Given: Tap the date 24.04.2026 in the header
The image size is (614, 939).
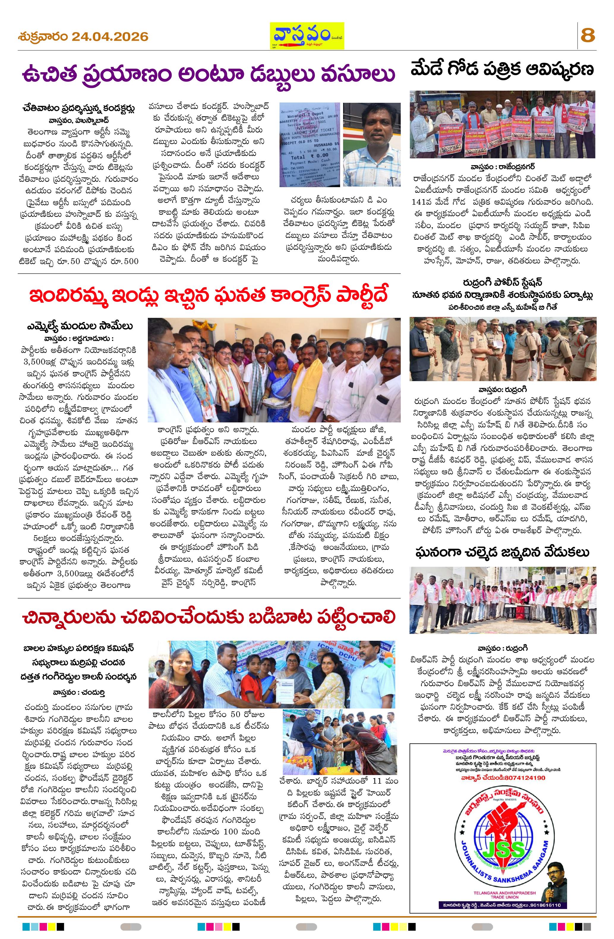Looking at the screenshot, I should pyautogui.click(x=110, y=37).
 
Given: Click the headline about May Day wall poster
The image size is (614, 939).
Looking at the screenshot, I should pyautogui.click(x=502, y=70).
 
